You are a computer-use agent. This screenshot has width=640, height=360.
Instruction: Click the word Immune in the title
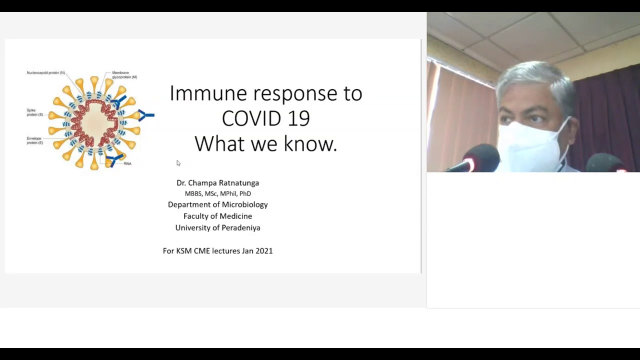[208, 93]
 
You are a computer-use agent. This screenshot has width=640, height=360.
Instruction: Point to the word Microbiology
[245, 205]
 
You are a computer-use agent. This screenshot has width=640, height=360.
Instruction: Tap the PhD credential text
[245, 193]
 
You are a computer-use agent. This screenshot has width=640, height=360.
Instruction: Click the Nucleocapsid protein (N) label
[45, 73]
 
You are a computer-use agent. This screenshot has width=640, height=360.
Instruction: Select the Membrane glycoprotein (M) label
[124, 75]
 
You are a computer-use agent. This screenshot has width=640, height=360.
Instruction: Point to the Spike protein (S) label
[35, 112]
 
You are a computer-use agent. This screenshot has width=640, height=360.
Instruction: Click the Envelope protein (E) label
[35, 140]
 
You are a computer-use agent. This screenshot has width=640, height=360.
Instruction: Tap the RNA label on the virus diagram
[127, 163]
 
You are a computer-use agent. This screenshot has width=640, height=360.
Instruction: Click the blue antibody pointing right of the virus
[146, 115]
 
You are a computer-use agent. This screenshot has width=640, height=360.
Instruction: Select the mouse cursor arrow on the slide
[178, 163]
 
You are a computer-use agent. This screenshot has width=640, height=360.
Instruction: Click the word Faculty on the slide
[195, 216]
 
